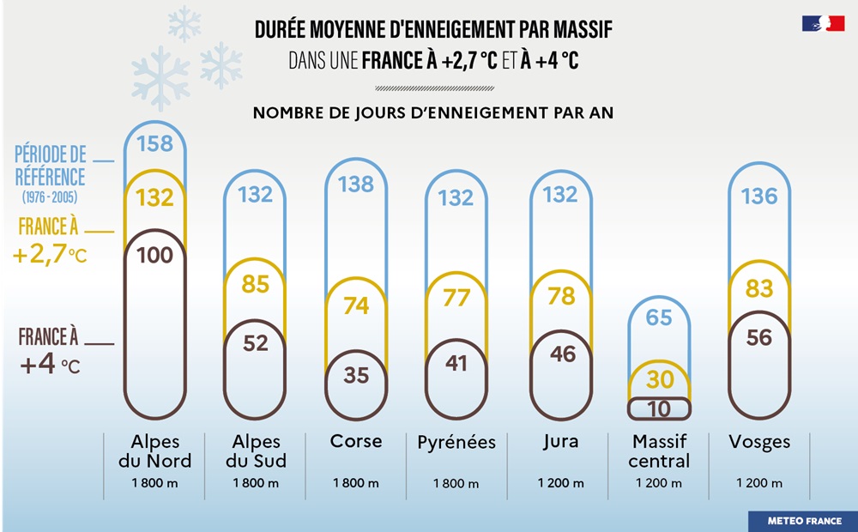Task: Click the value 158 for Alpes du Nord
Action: (x=155, y=143)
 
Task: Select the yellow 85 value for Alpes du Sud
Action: (x=255, y=284)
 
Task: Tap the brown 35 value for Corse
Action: (x=356, y=375)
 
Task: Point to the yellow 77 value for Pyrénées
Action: (x=456, y=298)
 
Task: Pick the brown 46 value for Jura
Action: (x=562, y=354)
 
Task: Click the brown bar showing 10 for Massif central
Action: (x=659, y=409)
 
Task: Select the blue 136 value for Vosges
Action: (x=759, y=196)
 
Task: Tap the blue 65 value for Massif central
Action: (x=659, y=317)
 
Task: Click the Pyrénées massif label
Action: (x=456, y=443)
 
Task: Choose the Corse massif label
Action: (x=356, y=442)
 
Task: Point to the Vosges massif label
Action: (x=759, y=443)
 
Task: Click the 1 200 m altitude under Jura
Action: (x=561, y=483)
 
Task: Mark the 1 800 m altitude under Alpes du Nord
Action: (x=155, y=483)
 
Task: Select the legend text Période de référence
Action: (x=51, y=166)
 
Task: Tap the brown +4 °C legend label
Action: (x=51, y=351)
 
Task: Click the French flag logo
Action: (x=823, y=24)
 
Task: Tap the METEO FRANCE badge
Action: (x=802, y=521)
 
